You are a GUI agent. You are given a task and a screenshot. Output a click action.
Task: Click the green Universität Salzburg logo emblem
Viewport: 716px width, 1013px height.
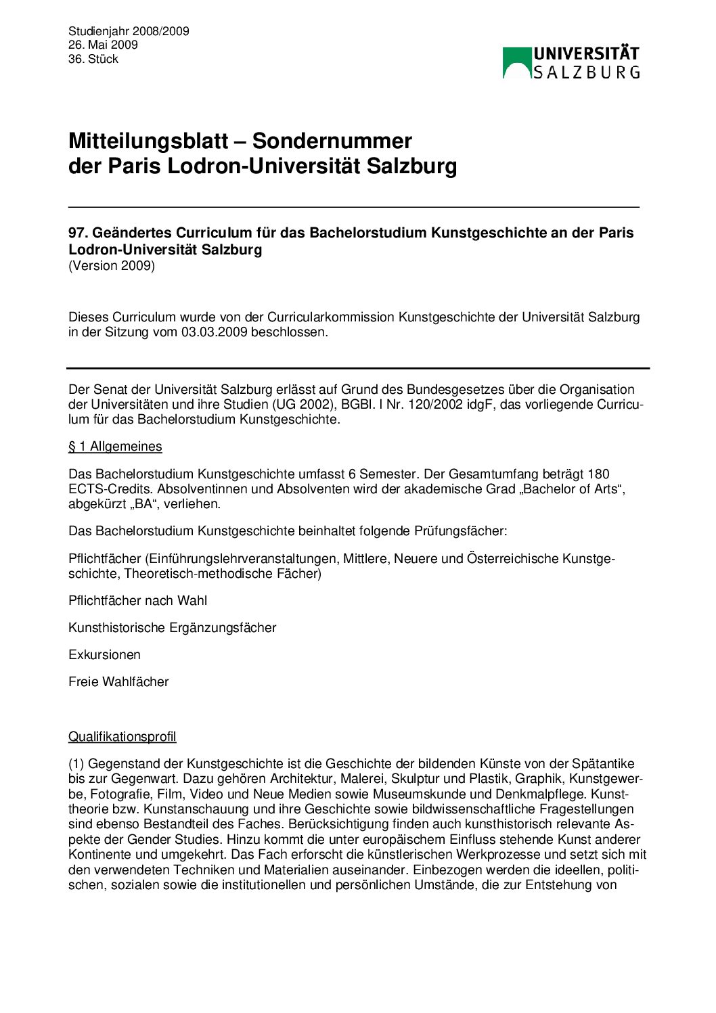click(x=517, y=63)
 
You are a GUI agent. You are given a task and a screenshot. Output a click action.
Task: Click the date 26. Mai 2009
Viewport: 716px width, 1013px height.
click(x=103, y=45)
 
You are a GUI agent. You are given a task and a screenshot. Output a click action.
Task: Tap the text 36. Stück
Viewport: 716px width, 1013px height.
click(x=93, y=59)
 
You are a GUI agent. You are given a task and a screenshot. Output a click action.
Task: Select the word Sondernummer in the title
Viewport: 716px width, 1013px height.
click(x=332, y=141)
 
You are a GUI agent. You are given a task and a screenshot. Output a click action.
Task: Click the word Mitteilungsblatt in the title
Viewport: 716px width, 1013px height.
click(x=148, y=141)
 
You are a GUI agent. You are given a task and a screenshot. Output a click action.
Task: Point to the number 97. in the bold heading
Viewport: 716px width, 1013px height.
click(x=78, y=233)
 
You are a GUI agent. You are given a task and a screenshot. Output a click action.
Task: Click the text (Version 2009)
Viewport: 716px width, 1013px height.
click(x=112, y=265)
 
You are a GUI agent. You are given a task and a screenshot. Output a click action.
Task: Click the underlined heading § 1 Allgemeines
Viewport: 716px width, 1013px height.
click(x=115, y=447)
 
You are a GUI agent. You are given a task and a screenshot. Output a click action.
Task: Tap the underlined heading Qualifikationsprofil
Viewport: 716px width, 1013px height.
click(x=122, y=736)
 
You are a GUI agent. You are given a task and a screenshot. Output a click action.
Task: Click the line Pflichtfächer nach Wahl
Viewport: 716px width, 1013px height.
click(x=138, y=600)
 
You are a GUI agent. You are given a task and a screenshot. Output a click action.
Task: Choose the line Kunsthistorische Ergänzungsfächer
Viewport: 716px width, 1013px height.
click(x=173, y=627)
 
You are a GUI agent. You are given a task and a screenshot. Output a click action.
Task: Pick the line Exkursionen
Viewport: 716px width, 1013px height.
click(x=105, y=654)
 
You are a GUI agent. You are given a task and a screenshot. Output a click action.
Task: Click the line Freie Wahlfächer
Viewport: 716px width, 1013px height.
click(x=118, y=681)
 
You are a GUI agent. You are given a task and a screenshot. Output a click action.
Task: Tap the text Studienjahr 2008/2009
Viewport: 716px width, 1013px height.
click(x=129, y=31)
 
